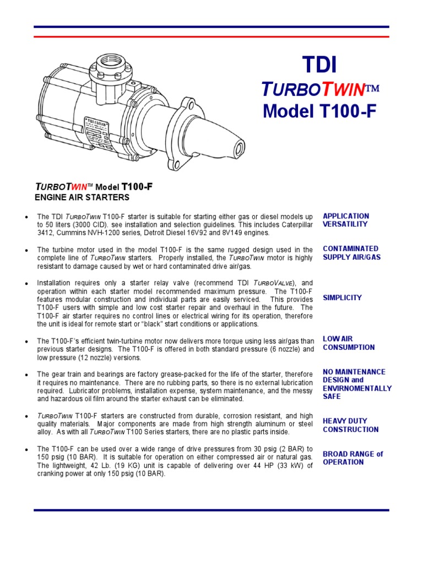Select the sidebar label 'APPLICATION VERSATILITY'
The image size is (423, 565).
point(345,220)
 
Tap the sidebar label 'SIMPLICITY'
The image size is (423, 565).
point(342,297)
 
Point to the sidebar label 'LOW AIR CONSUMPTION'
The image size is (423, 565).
point(348,343)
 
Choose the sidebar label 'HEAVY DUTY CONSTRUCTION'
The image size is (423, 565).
point(350,425)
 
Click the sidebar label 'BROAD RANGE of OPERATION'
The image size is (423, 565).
point(352,458)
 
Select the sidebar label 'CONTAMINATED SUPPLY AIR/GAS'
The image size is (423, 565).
point(351,253)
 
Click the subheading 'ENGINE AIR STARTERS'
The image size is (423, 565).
point(83,197)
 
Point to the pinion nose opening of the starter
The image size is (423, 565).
point(240,148)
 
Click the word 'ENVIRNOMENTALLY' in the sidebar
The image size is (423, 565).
point(357,388)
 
